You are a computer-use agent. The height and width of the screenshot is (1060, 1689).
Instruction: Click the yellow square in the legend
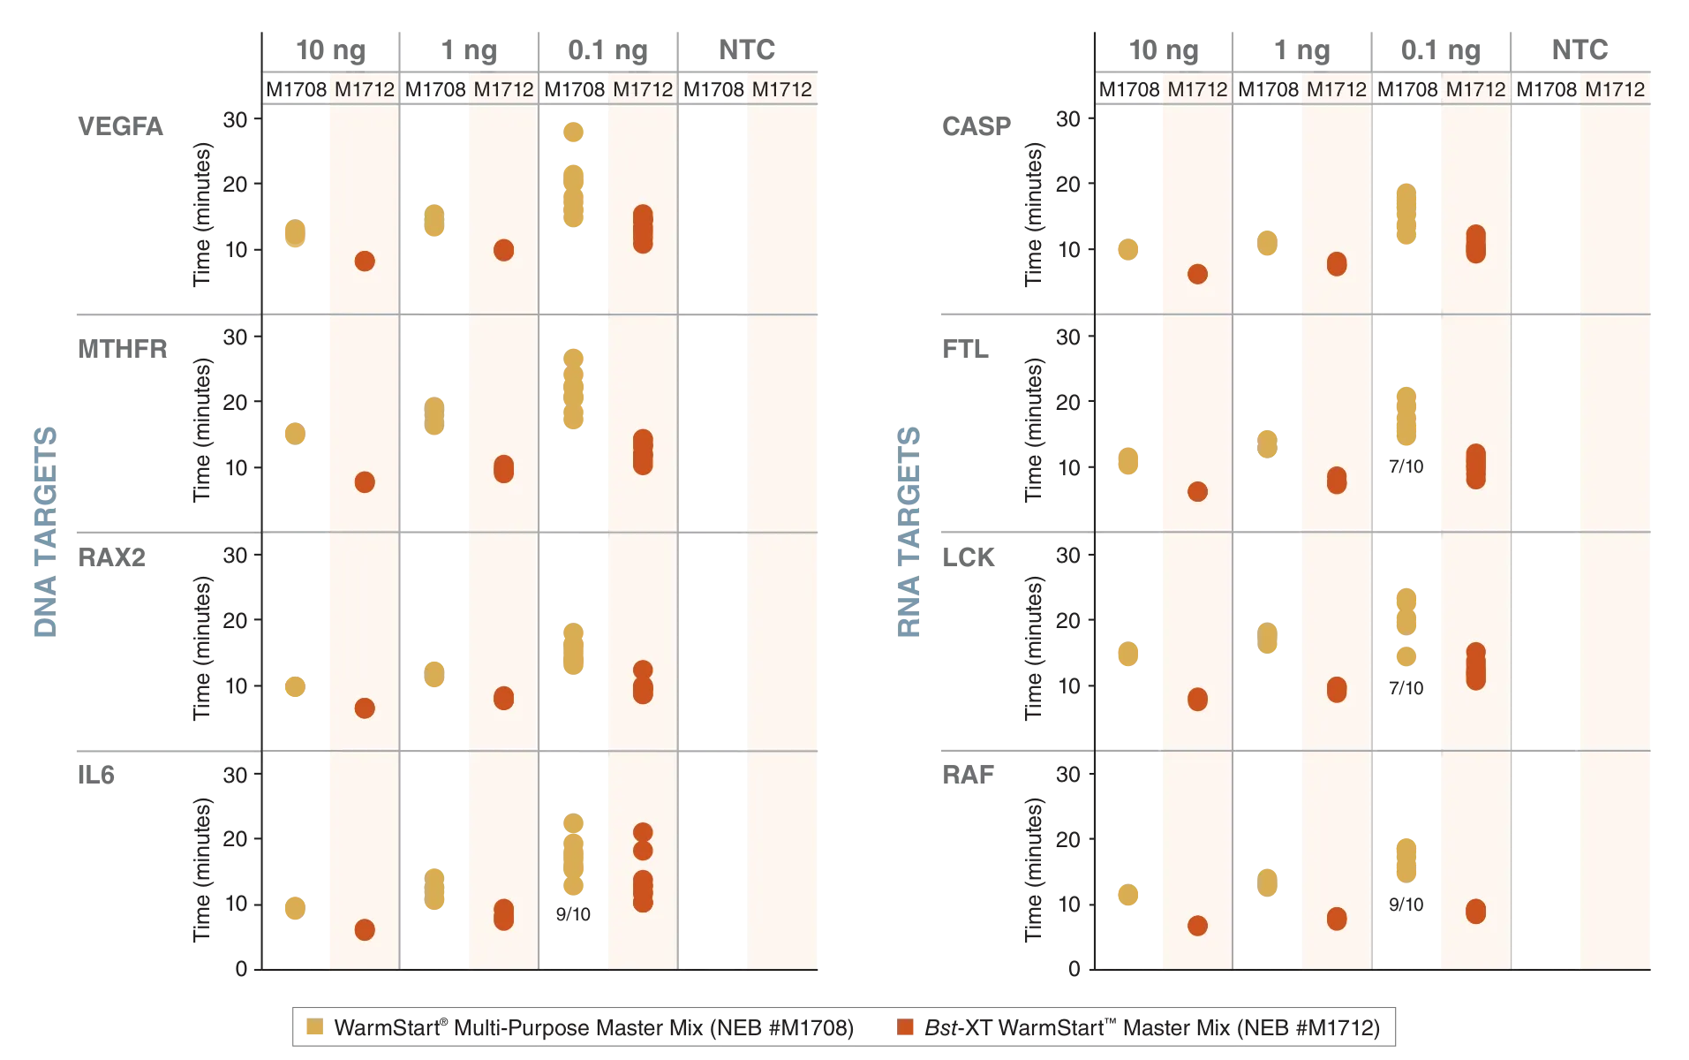coord(314,1028)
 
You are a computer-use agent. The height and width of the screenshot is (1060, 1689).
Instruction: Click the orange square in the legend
coord(906,1028)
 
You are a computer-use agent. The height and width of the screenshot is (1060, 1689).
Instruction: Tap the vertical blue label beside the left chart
coord(42,533)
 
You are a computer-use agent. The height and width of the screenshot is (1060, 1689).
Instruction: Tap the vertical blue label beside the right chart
coord(911,533)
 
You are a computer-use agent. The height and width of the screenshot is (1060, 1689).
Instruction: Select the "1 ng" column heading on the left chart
coord(469,51)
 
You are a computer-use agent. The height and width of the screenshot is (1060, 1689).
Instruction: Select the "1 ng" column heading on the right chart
coord(1302,51)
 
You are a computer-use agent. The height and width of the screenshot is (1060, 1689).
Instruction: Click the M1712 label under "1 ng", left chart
coord(503,89)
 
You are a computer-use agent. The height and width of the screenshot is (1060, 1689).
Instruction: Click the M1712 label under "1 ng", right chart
coord(1337,89)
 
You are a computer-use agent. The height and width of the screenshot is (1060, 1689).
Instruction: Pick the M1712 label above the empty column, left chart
coord(781,89)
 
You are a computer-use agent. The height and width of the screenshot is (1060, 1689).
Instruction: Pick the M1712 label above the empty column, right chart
coord(1615,89)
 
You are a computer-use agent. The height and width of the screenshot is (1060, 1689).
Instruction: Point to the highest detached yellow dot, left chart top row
coord(573,132)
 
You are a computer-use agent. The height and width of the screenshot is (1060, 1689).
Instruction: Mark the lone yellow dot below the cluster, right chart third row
coord(1406,655)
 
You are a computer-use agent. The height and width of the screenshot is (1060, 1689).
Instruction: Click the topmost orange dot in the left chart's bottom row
coord(643,832)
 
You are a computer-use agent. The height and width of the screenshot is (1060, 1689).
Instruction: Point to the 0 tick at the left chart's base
coord(240,970)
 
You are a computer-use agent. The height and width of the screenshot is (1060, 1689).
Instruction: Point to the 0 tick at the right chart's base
coord(1074,970)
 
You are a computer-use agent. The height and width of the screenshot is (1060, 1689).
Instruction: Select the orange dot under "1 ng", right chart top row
coord(1337,263)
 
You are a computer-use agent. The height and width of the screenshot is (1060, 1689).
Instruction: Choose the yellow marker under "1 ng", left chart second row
coord(434,416)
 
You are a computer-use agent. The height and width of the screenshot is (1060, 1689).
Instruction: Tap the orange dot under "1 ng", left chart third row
coord(503,698)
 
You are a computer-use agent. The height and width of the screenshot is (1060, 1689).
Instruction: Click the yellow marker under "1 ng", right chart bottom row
coord(1267,882)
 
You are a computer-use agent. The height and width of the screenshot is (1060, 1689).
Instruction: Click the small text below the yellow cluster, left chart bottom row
coord(571,916)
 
